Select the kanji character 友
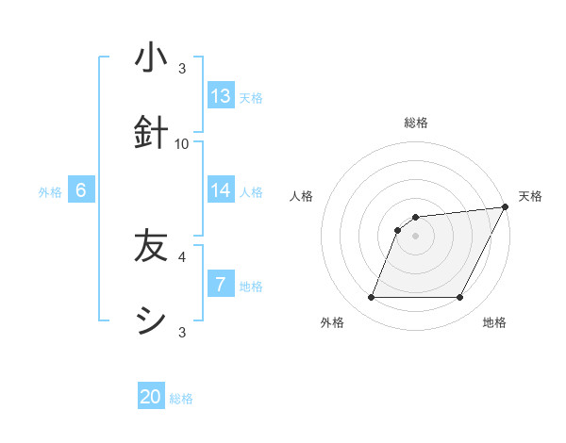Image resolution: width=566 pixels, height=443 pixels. tap(151, 247)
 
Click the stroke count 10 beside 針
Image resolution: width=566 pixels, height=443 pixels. tap(182, 144)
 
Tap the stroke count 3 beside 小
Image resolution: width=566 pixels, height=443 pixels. tap(182, 69)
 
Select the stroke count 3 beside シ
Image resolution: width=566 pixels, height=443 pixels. tap(182, 332)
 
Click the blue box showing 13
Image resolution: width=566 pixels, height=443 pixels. tap(220, 96)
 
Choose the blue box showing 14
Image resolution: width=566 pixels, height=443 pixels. tap(220, 190)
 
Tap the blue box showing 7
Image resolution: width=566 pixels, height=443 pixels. tap(220, 285)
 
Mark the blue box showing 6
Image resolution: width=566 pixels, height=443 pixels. tap(80, 190)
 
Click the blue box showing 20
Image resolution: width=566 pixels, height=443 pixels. tap(151, 397)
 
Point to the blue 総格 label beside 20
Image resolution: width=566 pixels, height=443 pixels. tap(181, 399)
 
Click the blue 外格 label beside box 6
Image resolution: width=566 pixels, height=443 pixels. tap(50, 192)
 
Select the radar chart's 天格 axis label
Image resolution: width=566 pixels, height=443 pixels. tap(530, 196)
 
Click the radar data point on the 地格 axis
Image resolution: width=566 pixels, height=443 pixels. tap(460, 298)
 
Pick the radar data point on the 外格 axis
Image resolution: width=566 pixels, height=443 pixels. tap(371, 298)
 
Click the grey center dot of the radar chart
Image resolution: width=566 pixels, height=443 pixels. tap(415, 236)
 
